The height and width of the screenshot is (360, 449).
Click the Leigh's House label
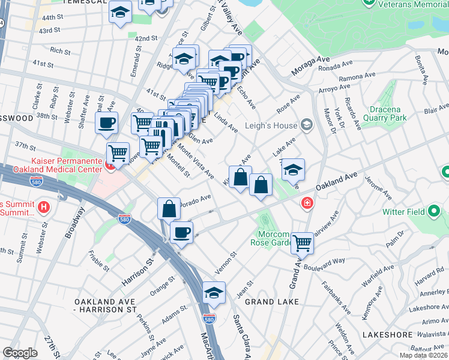[x=271, y=126]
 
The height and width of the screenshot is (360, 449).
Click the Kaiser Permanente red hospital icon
[x=111, y=166]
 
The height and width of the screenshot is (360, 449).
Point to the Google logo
[x=20, y=353]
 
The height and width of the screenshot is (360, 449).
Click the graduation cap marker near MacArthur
[x=214, y=293]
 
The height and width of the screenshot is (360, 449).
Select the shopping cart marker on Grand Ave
[x=302, y=244]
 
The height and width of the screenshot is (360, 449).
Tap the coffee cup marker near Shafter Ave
[x=107, y=123]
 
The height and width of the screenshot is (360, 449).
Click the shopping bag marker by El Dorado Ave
[x=169, y=209]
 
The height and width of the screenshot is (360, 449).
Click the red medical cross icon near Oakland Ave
[x=307, y=204]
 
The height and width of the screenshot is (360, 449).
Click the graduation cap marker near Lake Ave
[x=293, y=170]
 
